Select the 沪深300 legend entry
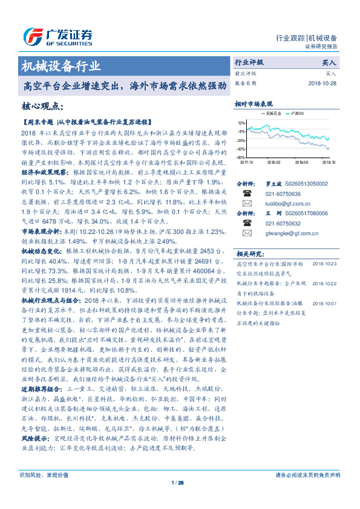(296, 113)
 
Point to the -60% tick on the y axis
(241, 157)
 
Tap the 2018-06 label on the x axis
(301, 162)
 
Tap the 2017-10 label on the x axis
(246, 162)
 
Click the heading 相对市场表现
(254, 104)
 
